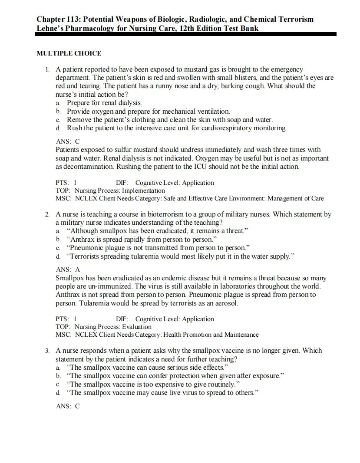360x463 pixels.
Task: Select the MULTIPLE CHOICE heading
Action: click(x=69, y=53)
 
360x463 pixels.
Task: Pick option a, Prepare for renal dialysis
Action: click(x=104, y=103)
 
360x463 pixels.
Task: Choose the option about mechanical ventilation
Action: click(x=148, y=112)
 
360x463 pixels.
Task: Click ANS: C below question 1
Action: click(x=68, y=141)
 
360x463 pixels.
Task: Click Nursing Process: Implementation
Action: click(x=119, y=190)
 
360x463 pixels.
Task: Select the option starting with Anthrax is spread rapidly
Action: click(x=141, y=239)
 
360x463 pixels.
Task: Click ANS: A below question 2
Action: click(x=68, y=269)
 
